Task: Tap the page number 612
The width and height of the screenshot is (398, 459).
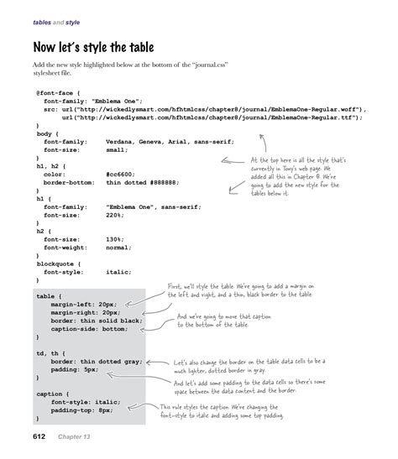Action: [x=44, y=437]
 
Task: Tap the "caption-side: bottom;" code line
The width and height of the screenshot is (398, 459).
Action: [x=89, y=328]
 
